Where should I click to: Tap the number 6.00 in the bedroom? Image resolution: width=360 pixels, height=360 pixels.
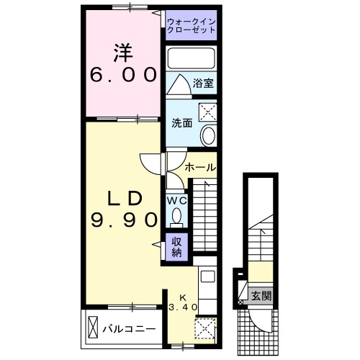123,73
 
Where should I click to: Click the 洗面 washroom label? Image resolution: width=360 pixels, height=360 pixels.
181,123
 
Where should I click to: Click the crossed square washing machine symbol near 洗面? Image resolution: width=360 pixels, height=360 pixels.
207,112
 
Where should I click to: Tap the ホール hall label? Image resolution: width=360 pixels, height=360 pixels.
199,167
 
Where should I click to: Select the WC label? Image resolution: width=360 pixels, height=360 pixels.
177,201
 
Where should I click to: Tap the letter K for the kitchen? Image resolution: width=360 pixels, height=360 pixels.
182,297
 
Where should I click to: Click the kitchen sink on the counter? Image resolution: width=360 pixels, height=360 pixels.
206,276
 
